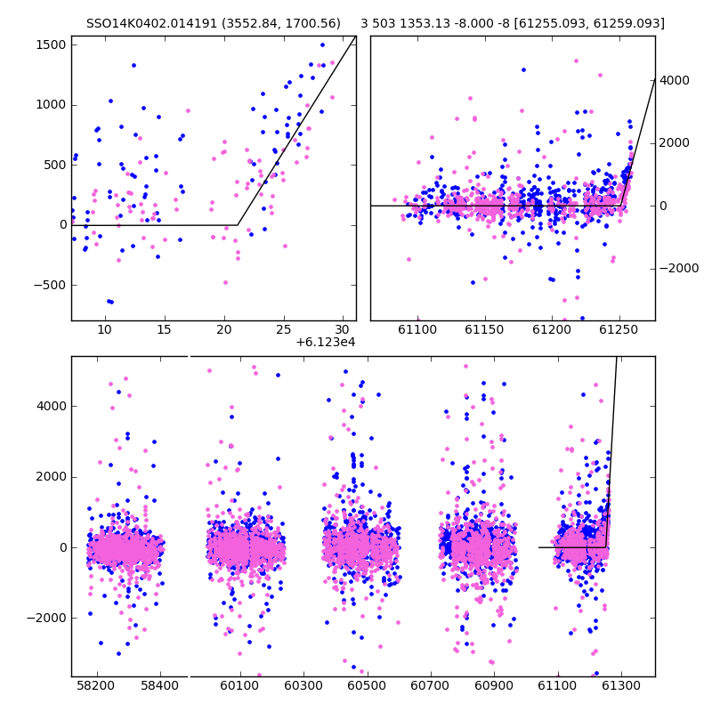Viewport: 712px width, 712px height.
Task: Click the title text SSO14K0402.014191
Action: (x=151, y=23)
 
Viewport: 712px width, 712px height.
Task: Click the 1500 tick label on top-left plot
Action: (x=51, y=45)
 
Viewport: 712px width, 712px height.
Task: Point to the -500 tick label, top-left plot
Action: (x=50, y=285)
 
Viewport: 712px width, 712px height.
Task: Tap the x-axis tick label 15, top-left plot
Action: (x=165, y=329)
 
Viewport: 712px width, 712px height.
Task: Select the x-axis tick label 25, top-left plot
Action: (x=284, y=329)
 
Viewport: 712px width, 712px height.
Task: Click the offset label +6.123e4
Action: (x=326, y=342)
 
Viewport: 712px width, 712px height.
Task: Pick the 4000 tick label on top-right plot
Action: (x=675, y=80)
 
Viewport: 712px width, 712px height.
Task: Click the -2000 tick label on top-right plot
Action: (x=678, y=269)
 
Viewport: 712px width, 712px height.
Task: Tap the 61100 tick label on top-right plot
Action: (x=417, y=329)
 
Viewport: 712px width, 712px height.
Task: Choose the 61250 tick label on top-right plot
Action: (x=619, y=329)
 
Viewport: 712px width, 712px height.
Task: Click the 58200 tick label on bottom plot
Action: (x=96, y=685)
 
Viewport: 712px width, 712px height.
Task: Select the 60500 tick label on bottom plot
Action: (x=367, y=685)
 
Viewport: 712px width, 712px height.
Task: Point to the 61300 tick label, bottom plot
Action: (x=620, y=685)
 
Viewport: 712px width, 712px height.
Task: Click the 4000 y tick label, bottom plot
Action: (x=52, y=406)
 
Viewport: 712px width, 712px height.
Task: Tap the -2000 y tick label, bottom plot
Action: (x=47, y=618)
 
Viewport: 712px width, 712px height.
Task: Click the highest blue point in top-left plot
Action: (x=322, y=45)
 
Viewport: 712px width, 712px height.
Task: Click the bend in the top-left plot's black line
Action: (x=238, y=225)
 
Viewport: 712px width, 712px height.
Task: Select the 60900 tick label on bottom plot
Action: (x=494, y=685)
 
